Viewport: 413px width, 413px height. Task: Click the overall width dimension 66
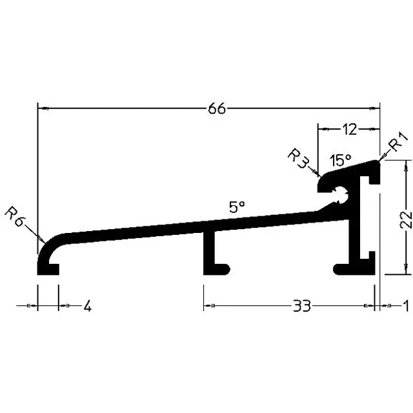[x=217, y=108]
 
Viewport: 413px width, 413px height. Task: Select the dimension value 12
[x=349, y=129]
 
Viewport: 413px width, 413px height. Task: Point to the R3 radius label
[x=297, y=158]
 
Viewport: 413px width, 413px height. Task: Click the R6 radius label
[x=14, y=217]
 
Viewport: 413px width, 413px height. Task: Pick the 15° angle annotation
[x=340, y=160]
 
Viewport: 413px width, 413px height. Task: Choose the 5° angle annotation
[x=237, y=206]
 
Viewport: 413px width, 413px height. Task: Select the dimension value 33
[x=302, y=306]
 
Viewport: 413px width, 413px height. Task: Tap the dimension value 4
[x=88, y=306]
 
